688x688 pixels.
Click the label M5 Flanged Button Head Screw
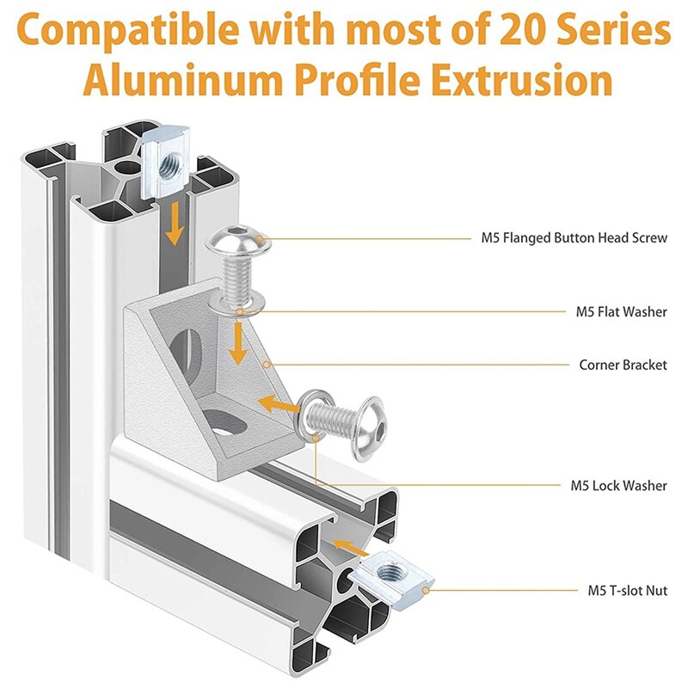tap(574, 237)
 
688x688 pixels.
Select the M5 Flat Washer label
tap(621, 311)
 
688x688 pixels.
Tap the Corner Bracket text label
tap(623, 365)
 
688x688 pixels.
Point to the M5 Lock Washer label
tap(618, 486)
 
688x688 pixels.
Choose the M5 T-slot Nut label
tap(627, 591)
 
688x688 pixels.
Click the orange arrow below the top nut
tap(175, 223)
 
